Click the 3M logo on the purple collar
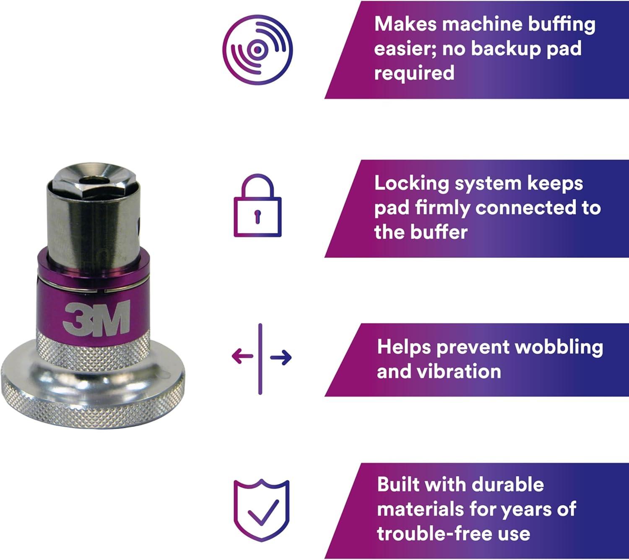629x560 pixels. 96,318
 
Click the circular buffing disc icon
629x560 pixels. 257,49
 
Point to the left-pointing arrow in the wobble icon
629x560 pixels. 242,356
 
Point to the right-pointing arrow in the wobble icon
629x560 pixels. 281,357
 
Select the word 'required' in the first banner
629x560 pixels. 414,73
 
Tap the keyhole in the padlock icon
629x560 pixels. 257,216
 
